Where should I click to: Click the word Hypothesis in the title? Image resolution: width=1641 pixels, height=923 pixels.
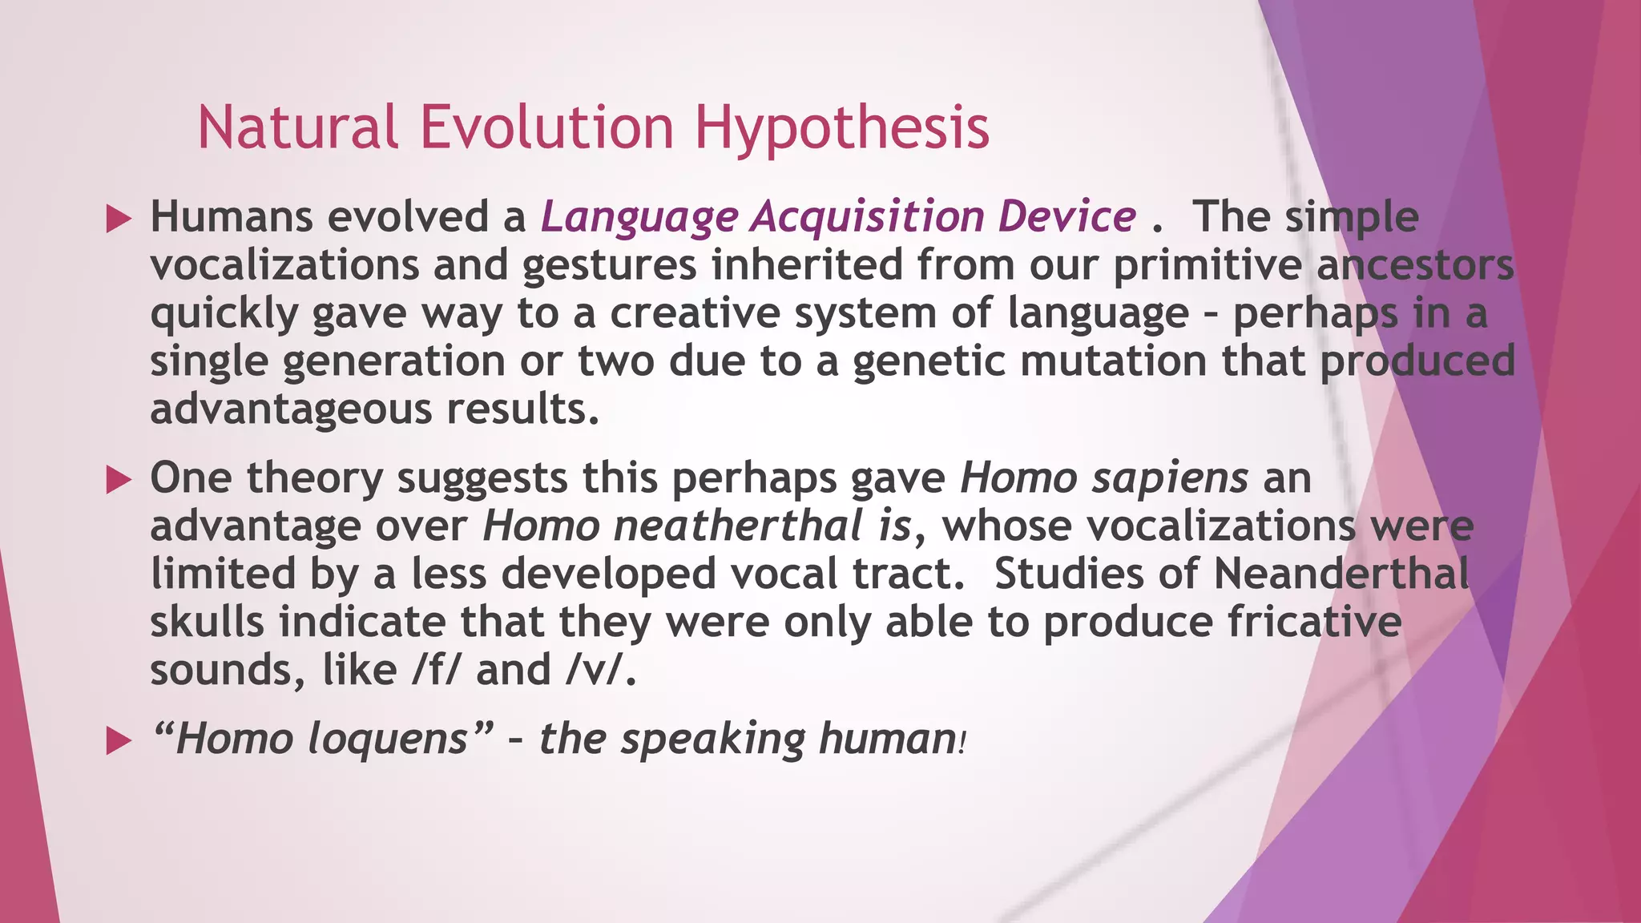tap(841, 128)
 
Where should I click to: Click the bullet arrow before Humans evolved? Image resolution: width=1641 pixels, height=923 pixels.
tap(119, 219)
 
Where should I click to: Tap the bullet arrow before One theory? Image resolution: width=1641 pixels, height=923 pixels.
tap(119, 480)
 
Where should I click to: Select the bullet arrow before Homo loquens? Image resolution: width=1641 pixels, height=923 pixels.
tap(119, 741)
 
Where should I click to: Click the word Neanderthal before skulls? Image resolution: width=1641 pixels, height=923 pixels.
tap(1341, 574)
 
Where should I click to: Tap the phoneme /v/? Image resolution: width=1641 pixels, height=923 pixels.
tap(594, 670)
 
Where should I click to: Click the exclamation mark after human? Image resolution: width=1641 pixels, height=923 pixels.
tap(962, 742)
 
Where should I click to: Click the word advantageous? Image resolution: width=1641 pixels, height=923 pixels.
tap(291, 410)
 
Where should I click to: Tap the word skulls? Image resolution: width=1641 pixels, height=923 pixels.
tap(207, 622)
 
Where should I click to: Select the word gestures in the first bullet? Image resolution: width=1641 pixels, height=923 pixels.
tap(609, 266)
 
